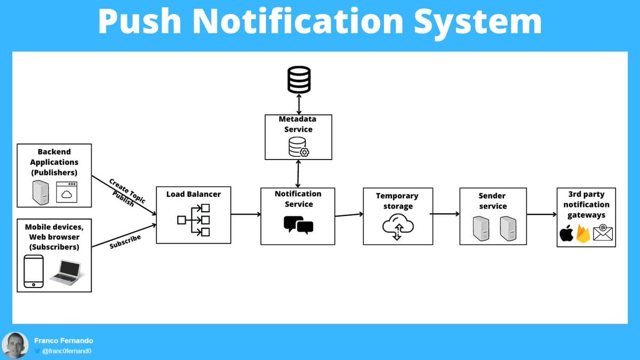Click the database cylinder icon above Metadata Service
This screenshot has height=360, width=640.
tap(299, 80)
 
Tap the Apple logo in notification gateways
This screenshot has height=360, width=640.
tap(566, 233)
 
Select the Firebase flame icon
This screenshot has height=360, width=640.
tap(583, 234)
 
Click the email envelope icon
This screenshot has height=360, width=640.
tap(602, 233)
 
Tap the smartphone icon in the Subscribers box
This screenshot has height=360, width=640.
tap(34, 271)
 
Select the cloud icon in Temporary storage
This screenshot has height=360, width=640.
tap(397, 227)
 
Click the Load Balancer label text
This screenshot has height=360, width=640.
tap(193, 194)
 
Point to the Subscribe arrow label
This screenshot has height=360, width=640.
tap(125, 242)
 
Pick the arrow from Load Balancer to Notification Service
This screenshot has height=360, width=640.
tap(246, 214)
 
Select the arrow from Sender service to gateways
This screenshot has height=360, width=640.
tap(541, 215)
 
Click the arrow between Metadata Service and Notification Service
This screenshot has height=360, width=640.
tap(298, 173)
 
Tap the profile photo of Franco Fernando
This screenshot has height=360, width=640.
tap(14, 345)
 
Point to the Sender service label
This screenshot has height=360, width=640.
tap(493, 201)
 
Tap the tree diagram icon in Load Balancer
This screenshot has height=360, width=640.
tap(194, 220)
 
